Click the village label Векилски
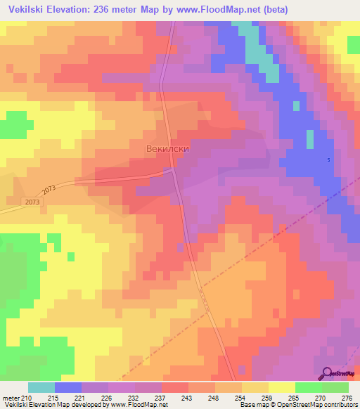[x=168, y=149]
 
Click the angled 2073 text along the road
[x=49, y=190]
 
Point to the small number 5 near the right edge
[x=328, y=160]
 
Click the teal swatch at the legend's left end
[x=41, y=387]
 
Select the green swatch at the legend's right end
[x=335, y=387]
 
